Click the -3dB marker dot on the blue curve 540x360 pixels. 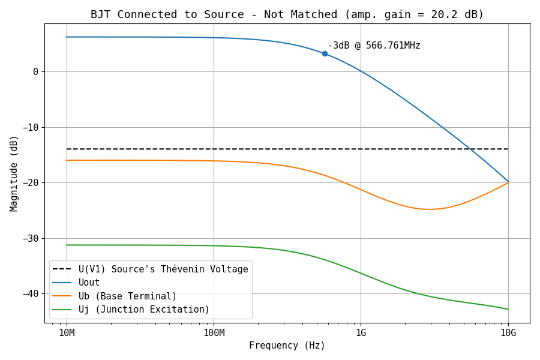(x=325, y=53)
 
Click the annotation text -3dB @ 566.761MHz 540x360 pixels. (x=374, y=46)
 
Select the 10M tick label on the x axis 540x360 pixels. (x=66, y=333)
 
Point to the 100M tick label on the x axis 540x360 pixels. (x=214, y=333)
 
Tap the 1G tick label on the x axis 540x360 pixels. (x=361, y=333)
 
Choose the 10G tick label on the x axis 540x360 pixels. (x=508, y=333)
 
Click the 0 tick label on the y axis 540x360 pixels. (x=36, y=72)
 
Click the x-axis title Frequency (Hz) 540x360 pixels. (x=287, y=346)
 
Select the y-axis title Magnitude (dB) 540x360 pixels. (x=14, y=173)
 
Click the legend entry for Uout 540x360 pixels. (x=89, y=283)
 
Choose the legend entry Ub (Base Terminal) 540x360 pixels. (x=127, y=296)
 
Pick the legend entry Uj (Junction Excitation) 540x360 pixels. (x=144, y=310)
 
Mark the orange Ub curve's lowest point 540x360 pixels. (x=430, y=209)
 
